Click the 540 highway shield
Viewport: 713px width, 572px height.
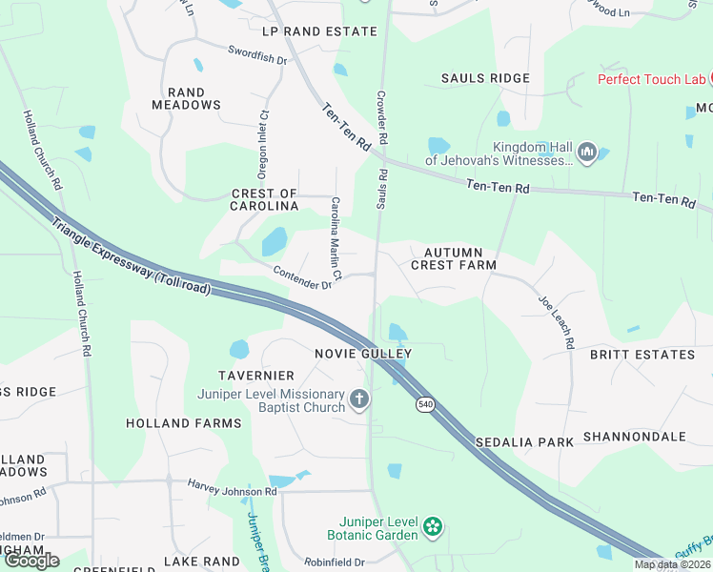click(x=424, y=405)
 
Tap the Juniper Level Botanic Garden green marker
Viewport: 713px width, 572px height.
click(x=433, y=526)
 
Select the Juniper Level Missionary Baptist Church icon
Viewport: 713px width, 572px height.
click(x=359, y=399)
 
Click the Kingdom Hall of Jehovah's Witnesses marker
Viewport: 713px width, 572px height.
click(x=587, y=152)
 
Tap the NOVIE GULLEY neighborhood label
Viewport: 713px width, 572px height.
click(x=363, y=354)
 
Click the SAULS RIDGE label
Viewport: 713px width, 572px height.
click(x=485, y=78)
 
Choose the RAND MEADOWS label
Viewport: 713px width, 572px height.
click(x=187, y=98)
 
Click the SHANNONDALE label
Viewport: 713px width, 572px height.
click(x=635, y=437)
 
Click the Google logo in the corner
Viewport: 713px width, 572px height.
click(x=31, y=561)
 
